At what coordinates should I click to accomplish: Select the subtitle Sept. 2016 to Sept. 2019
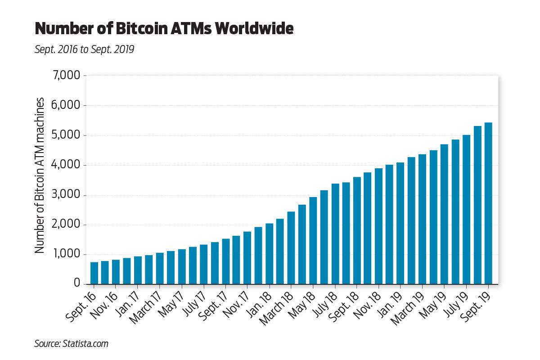coord(84,49)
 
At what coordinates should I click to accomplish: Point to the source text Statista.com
coord(88,344)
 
